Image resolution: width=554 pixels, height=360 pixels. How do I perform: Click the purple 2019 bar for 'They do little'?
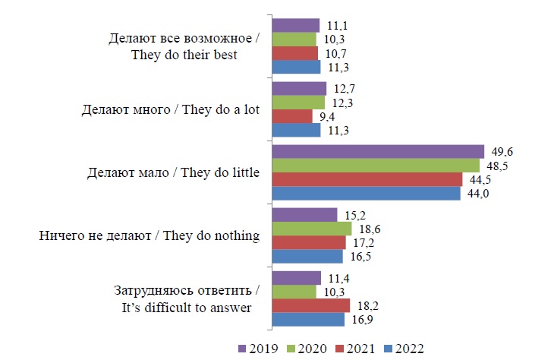(x=377, y=152)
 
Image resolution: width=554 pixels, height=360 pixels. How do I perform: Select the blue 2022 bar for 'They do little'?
(x=366, y=194)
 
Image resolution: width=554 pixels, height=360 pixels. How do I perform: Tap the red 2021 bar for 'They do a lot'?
(x=291, y=116)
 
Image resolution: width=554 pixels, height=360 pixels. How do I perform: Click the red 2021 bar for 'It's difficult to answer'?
(x=310, y=305)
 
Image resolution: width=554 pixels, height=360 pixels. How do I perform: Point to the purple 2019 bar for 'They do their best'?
(x=295, y=25)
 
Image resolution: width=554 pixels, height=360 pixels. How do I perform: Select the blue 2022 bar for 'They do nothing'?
(x=307, y=257)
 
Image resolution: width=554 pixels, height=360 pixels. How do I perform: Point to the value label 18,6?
(x=369, y=228)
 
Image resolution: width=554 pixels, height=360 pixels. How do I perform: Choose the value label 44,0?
(x=477, y=194)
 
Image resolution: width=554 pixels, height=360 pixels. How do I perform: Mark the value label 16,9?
(x=362, y=320)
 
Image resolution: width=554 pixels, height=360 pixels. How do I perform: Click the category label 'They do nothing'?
(x=149, y=236)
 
